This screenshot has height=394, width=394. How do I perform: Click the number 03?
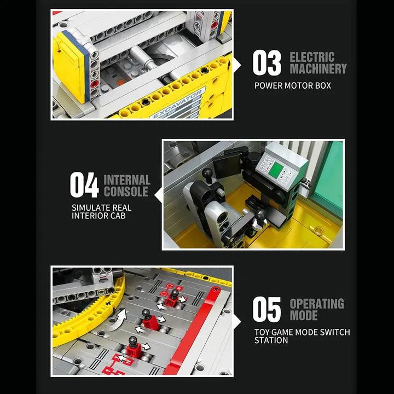(267, 63)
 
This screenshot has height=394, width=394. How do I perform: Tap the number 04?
(84, 186)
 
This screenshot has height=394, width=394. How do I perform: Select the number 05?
(267, 310)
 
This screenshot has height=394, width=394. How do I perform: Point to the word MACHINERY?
(318, 69)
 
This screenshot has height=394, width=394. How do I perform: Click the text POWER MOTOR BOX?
(293, 85)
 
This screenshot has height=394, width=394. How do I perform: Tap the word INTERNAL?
(127, 179)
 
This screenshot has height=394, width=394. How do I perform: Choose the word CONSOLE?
(126, 192)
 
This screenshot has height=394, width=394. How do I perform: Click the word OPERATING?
(317, 304)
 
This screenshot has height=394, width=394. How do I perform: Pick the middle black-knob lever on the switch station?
(147, 317)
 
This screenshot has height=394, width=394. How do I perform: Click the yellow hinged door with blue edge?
(70, 66)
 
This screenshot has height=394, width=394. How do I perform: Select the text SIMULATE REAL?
(102, 208)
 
